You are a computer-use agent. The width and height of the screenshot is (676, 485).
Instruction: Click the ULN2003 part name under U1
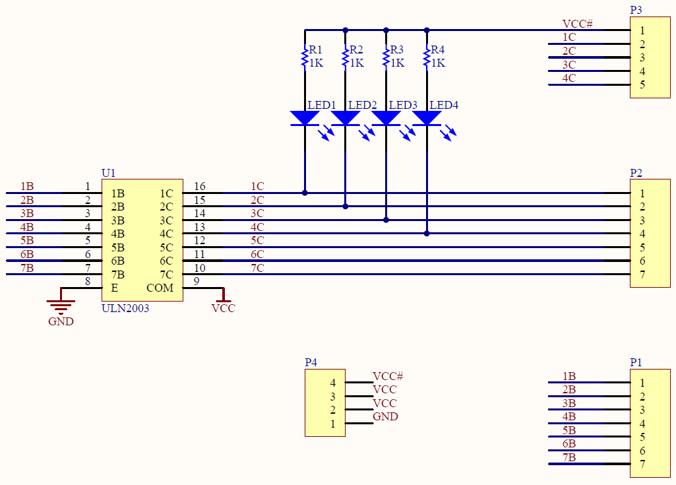(125, 308)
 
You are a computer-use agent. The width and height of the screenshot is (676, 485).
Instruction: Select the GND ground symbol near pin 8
(61, 305)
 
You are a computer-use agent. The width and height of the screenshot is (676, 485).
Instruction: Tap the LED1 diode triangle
(305, 118)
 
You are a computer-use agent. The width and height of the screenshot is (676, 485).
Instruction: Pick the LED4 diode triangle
(427, 118)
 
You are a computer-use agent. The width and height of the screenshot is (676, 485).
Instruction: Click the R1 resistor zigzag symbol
(305, 57)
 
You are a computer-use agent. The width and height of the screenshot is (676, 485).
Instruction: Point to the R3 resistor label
(396, 49)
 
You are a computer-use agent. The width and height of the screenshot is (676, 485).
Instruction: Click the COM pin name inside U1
(160, 288)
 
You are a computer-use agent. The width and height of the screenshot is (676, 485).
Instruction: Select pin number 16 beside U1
(200, 186)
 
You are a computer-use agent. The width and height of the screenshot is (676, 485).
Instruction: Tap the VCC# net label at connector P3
(577, 24)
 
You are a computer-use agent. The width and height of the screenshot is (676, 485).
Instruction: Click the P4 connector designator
(311, 362)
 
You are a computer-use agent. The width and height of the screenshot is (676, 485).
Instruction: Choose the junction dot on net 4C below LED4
(427, 234)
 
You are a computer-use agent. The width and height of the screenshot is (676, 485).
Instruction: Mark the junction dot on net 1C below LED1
(305, 193)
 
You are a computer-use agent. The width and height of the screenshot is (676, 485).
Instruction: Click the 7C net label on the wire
(257, 268)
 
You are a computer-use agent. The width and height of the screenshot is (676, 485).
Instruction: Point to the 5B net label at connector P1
(569, 431)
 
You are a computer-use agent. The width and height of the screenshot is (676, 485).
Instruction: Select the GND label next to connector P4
(385, 417)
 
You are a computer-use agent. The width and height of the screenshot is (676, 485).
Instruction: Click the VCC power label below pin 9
(224, 308)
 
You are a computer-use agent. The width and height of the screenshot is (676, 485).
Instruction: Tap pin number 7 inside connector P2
(642, 275)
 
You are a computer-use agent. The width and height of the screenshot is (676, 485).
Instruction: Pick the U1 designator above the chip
(109, 173)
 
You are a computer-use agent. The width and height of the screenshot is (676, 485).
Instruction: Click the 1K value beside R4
(439, 63)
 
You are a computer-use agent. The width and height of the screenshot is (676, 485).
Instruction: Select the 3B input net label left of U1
(27, 214)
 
